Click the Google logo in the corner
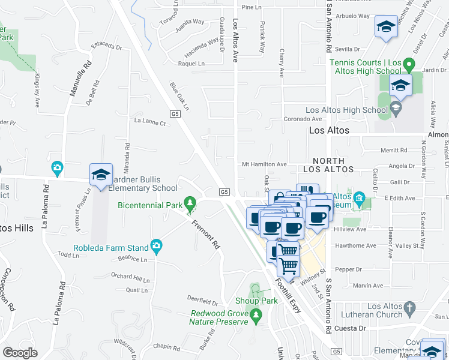(x=20, y=353)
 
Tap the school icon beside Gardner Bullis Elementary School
(x=101, y=175)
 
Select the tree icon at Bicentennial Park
(x=190, y=202)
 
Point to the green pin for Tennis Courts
(x=408, y=63)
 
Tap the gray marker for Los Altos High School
(x=395, y=107)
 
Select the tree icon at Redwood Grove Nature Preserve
(x=256, y=314)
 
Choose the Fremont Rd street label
(x=203, y=233)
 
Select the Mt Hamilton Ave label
(x=265, y=164)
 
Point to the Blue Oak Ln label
(x=179, y=97)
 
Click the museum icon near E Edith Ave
(x=359, y=198)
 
